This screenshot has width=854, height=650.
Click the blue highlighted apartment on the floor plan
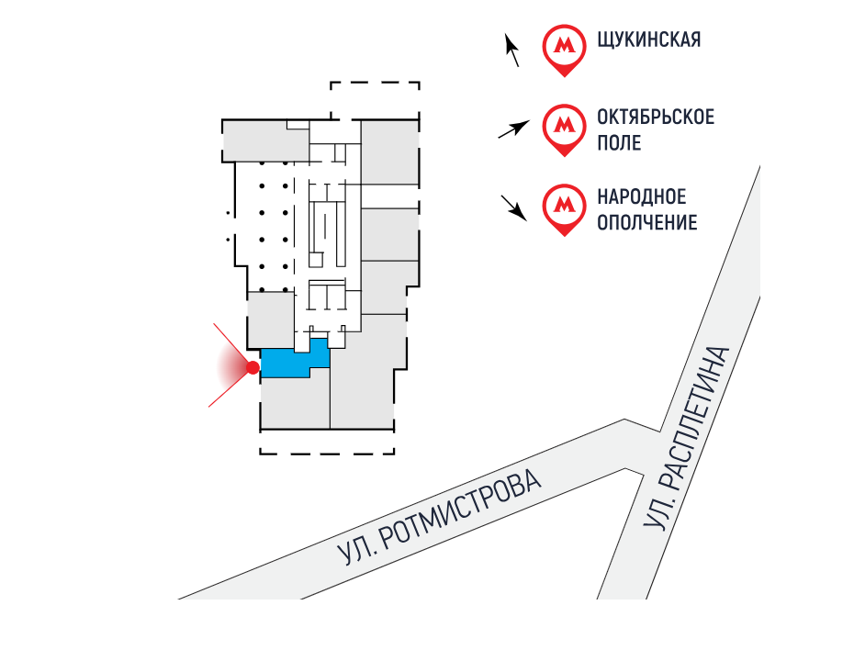click(x=289, y=364)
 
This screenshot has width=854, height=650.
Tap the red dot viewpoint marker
click(x=253, y=368)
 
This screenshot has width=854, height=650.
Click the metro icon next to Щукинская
click(x=562, y=48)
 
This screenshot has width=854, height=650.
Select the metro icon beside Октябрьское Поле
click(x=562, y=128)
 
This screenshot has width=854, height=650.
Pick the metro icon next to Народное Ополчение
click(x=562, y=207)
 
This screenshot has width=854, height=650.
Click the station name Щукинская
click(x=648, y=40)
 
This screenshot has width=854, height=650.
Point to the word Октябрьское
click(x=655, y=118)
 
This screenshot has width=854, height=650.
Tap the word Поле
click(x=619, y=144)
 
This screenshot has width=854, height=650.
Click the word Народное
click(x=641, y=197)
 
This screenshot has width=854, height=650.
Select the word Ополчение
click(x=646, y=223)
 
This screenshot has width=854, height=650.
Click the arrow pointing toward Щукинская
click(x=512, y=50)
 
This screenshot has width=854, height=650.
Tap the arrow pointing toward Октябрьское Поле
click(x=513, y=129)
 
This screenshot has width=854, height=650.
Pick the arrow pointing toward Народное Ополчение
click(x=513, y=208)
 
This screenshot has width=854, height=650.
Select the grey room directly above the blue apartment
click(x=271, y=318)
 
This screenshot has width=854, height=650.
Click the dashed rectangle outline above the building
click(x=375, y=100)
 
